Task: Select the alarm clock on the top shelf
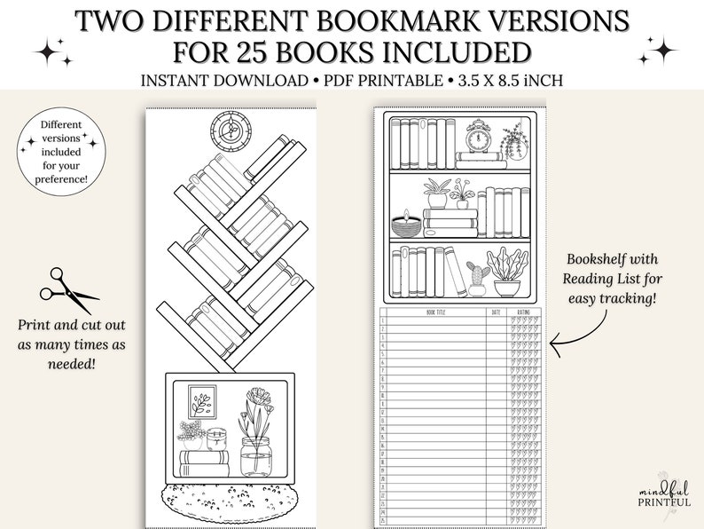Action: (481, 138)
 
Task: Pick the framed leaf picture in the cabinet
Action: (201, 403)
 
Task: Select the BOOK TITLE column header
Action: (438, 312)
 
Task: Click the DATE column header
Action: (496, 312)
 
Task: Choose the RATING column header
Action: (524, 312)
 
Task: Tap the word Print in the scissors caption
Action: (35, 320)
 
